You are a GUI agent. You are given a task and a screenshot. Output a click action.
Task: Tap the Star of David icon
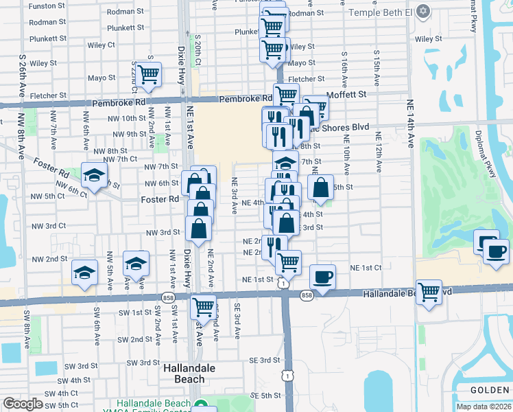click(423, 12)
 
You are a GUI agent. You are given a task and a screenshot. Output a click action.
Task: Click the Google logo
click(23, 404)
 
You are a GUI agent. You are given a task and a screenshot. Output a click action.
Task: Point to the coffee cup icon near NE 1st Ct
click(322, 277)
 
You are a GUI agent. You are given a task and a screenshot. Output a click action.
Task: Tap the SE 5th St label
click(265, 396)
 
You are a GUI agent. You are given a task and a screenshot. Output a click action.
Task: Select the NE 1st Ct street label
click(365, 267)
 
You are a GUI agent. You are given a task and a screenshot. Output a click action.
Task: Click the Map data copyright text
click(484, 407)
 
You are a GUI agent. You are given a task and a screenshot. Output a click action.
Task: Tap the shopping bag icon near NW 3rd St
click(198, 229)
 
